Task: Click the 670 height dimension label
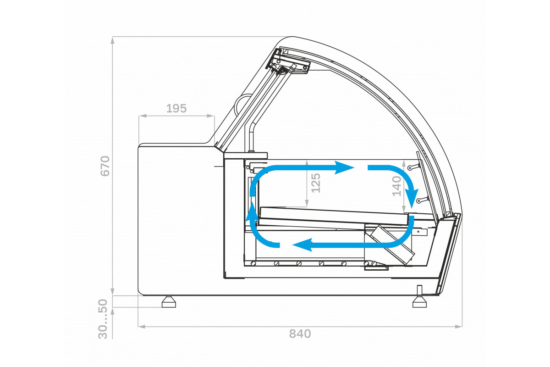[105, 166]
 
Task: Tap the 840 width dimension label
[300, 334]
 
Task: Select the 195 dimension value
[176, 108]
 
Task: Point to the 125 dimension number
[316, 183]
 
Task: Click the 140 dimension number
[396, 186]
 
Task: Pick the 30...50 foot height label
[103, 319]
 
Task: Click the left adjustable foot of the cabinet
[169, 301]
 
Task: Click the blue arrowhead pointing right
[344, 167]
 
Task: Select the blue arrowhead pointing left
[302, 245]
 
